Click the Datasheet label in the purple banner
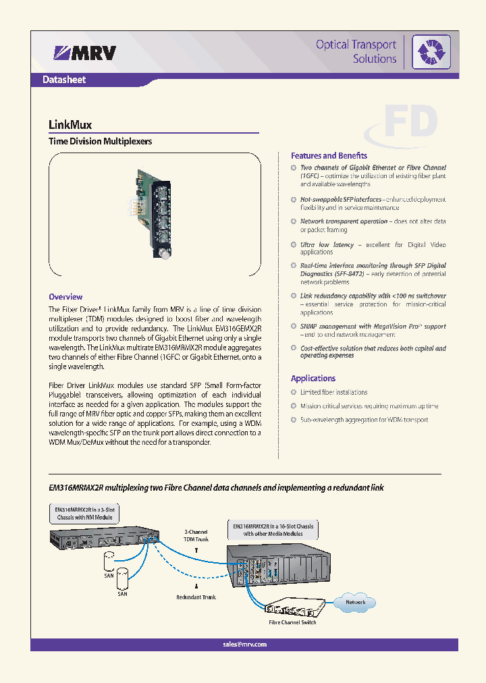64,80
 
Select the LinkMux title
70,125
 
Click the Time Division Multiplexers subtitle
100,142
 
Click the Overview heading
65,297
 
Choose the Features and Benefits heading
329,155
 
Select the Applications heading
313,379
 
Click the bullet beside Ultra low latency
294,244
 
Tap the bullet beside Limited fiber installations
294,392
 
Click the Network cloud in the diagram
355,602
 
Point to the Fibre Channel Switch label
292,622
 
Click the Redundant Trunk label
196,597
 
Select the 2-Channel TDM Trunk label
196,535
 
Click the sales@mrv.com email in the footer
244,645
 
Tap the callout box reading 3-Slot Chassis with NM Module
85,514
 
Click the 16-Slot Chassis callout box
273,530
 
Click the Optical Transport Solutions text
356,52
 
